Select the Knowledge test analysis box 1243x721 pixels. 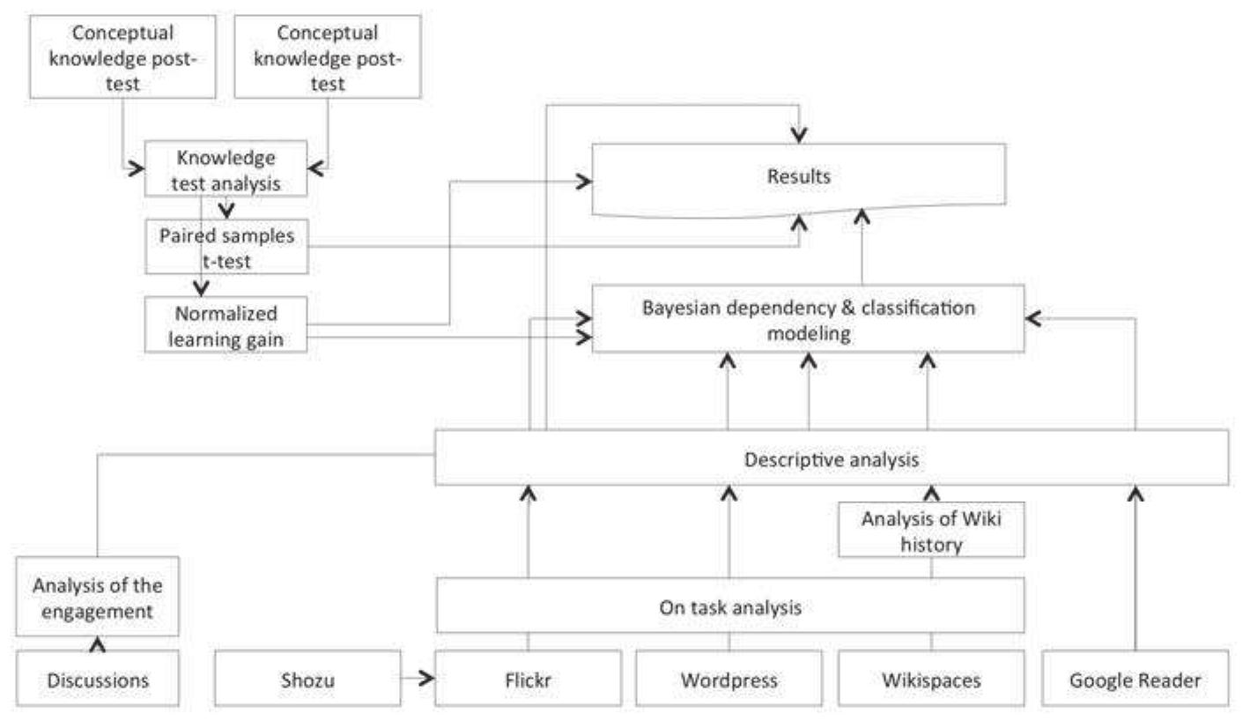coord(226,169)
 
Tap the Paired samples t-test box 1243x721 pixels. coord(226,247)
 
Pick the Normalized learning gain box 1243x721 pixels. coord(226,325)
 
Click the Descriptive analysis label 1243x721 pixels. coord(832,459)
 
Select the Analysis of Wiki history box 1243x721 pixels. coord(931,531)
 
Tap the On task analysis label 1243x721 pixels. coord(730,606)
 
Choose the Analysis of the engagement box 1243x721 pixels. coord(98,596)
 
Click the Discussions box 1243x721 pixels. coord(98,680)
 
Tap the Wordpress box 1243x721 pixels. coord(729,680)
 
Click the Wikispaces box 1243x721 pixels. coord(931,680)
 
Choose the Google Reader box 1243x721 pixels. coord(1135,680)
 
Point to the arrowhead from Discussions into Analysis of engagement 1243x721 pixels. coord(98,643)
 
